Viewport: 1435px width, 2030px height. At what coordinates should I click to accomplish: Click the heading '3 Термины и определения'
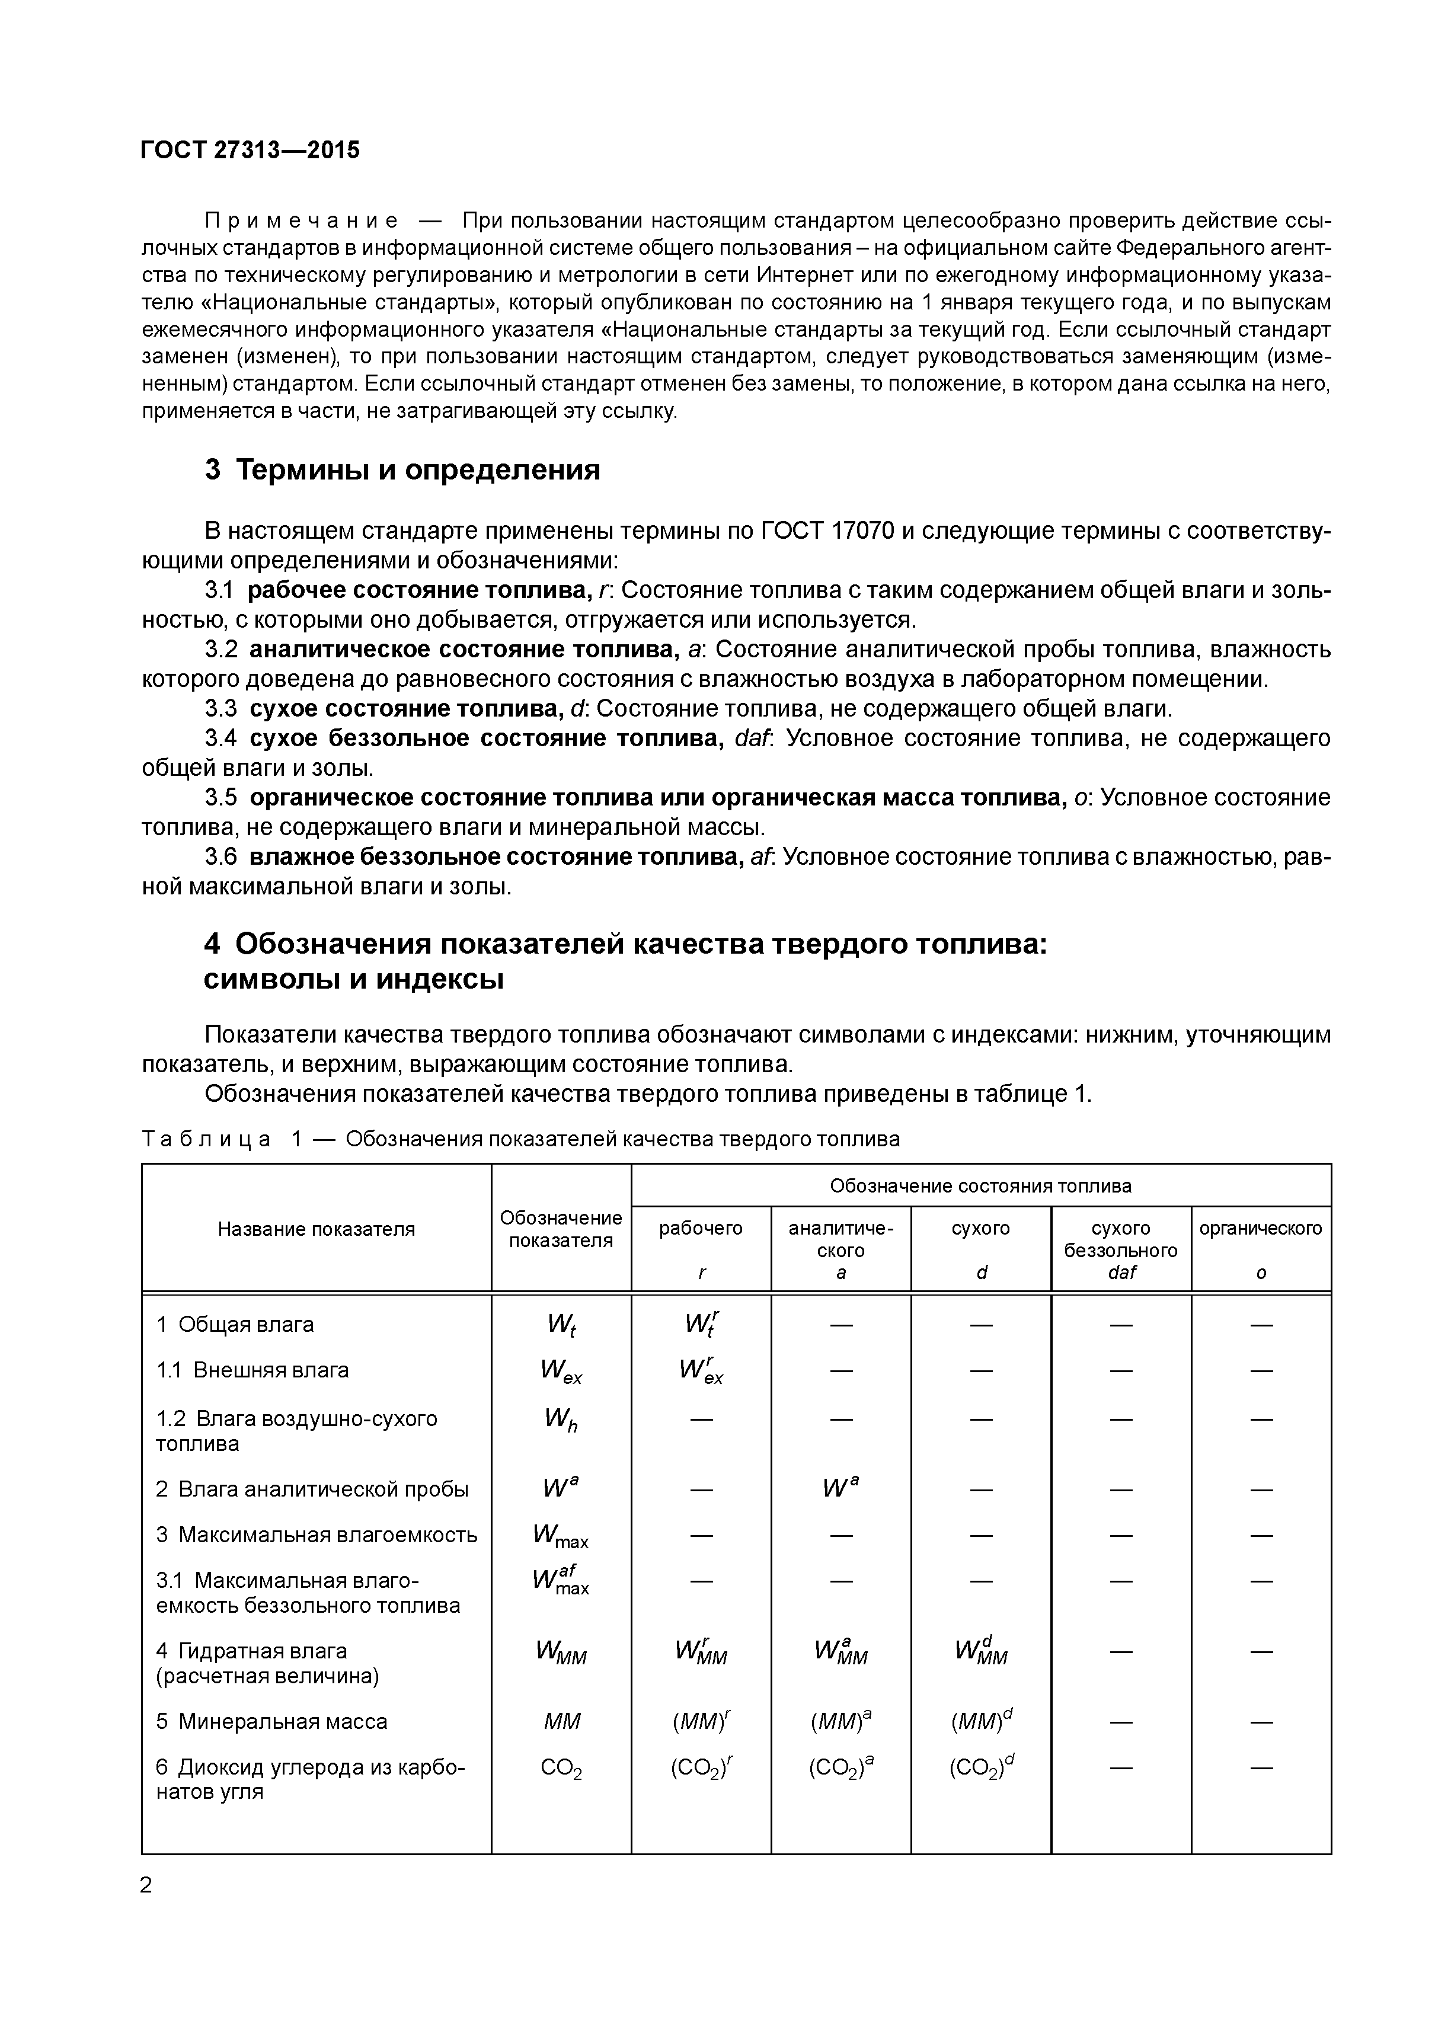point(402,469)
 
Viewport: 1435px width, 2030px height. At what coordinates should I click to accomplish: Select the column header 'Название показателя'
point(316,1229)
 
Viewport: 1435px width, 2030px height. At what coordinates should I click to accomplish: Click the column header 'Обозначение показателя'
point(561,1229)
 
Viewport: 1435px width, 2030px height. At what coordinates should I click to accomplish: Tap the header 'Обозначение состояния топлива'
point(980,1185)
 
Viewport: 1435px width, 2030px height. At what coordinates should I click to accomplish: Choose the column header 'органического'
point(1260,1228)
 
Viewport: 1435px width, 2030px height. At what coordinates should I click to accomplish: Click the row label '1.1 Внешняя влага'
point(253,1370)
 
